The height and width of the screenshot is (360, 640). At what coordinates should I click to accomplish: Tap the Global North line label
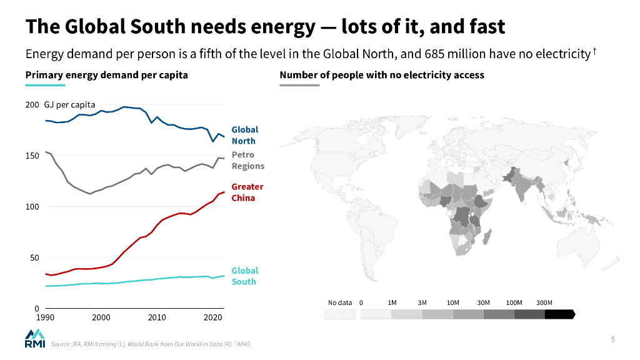click(x=244, y=135)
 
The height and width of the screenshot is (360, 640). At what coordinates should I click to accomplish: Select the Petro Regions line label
click(x=247, y=160)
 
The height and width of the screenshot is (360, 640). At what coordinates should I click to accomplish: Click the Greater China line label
click(x=247, y=192)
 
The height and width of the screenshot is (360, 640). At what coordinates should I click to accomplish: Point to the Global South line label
click(x=244, y=276)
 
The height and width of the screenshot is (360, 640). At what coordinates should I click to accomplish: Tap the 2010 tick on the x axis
click(x=157, y=317)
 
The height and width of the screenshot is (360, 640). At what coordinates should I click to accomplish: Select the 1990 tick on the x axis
click(x=45, y=317)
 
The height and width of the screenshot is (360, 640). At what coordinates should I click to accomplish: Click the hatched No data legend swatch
click(x=340, y=314)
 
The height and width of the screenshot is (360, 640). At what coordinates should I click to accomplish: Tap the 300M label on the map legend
click(x=544, y=302)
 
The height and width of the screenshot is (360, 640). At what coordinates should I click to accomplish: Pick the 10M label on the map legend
click(x=453, y=302)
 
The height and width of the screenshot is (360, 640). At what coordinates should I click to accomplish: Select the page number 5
click(x=613, y=339)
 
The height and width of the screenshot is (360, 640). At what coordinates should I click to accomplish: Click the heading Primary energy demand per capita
click(x=106, y=75)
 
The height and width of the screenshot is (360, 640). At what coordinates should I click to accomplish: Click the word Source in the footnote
click(x=61, y=344)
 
